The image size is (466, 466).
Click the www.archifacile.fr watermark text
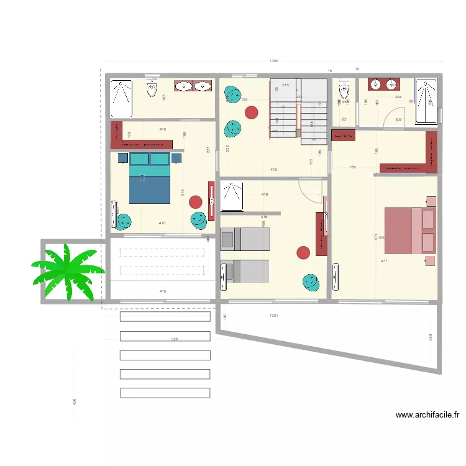tap(427, 415)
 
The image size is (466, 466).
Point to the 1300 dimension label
tap(273, 61)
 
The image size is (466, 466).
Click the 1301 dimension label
tap(273, 316)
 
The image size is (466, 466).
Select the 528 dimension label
tap(175, 339)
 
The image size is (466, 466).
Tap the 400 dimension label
tap(75, 403)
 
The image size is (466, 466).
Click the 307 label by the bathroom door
tap(398, 120)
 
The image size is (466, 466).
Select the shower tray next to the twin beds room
tap(232, 196)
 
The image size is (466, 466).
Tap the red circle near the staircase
tap(251, 112)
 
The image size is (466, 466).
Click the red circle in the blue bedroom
tap(196, 202)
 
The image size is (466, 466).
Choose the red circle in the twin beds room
tap(303, 252)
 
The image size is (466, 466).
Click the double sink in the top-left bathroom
tap(193, 86)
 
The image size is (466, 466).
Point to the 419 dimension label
tap(273, 170)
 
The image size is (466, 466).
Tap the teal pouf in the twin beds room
tap(311, 281)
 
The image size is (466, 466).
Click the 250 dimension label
tap(430, 337)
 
